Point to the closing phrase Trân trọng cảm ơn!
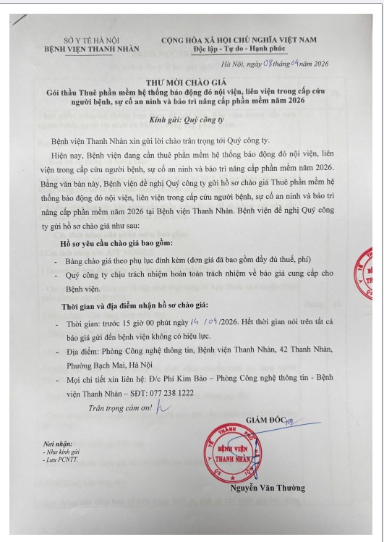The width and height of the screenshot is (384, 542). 119,407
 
